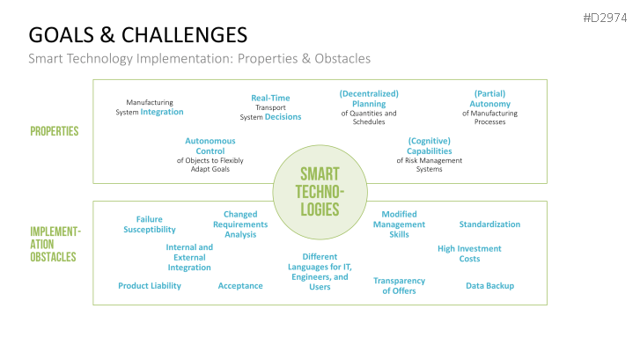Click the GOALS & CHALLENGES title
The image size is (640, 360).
point(137,35)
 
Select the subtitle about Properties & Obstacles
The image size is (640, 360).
point(199,59)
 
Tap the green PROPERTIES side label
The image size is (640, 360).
point(55,131)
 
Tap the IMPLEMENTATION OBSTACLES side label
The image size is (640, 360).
point(55,245)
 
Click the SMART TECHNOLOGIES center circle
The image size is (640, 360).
point(319,191)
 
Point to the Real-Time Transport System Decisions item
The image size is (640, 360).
point(270,107)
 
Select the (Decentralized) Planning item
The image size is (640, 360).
point(369,107)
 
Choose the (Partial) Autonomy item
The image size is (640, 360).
point(489,107)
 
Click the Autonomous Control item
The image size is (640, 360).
point(210,155)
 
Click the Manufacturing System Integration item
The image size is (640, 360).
point(150,107)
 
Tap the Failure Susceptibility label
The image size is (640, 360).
point(149,224)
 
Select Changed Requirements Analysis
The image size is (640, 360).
point(240,224)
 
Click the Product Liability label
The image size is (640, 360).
point(150,285)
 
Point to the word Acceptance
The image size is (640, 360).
point(240,285)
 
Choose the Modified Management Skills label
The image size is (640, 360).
point(399,224)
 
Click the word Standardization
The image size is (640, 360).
point(489,224)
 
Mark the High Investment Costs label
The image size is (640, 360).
point(469,253)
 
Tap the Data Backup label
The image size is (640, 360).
point(489,285)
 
